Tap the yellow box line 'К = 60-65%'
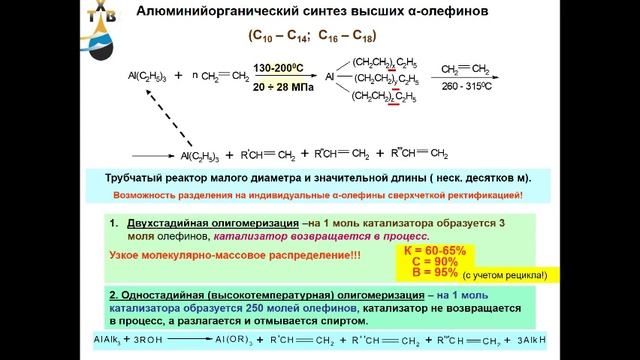tap(436, 249)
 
